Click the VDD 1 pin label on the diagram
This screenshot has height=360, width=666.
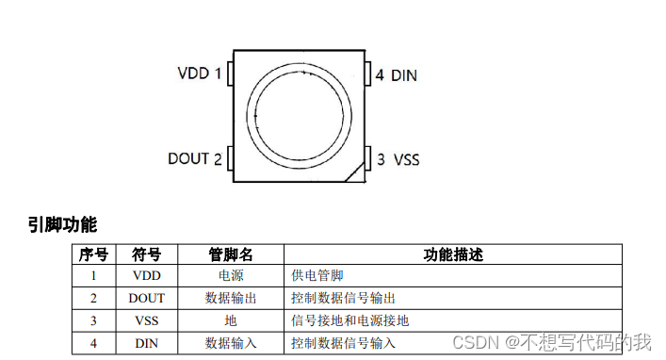(x=200, y=74)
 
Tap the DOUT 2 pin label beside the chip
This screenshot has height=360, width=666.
(x=195, y=158)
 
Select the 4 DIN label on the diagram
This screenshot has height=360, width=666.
(x=396, y=74)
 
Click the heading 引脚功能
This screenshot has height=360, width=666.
(x=62, y=224)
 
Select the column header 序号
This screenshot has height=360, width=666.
(x=93, y=254)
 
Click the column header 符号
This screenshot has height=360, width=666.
(x=146, y=254)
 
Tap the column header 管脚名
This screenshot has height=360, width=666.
(x=231, y=254)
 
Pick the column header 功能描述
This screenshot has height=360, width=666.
(x=452, y=254)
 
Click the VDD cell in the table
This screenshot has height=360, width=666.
(x=146, y=275)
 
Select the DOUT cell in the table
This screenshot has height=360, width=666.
(x=146, y=298)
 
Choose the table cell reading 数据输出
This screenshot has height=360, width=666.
(x=231, y=298)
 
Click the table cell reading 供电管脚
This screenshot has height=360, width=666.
(x=317, y=275)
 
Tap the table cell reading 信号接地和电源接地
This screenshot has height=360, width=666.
(x=350, y=320)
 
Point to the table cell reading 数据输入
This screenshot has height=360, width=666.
(x=231, y=343)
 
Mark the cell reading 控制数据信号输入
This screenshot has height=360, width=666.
(x=344, y=343)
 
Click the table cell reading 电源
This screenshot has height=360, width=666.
(x=231, y=275)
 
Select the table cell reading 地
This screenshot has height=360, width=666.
(x=231, y=320)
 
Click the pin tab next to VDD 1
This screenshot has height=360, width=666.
(x=229, y=74)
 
